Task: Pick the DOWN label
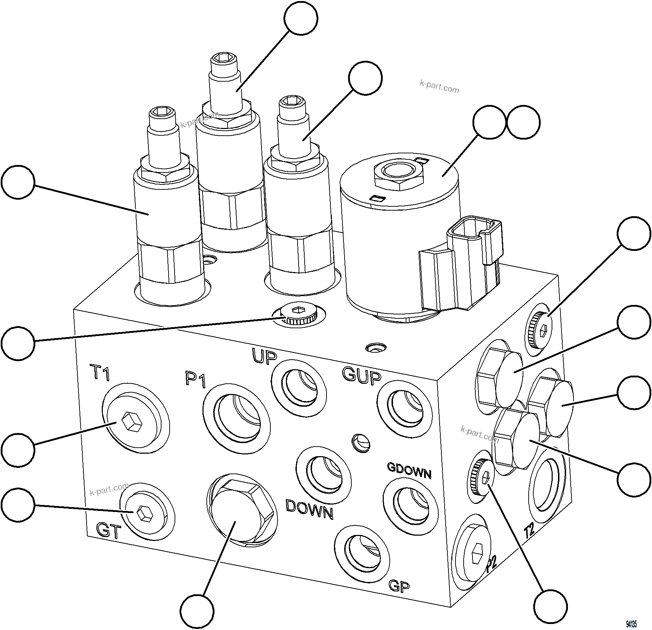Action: pyautogui.click(x=309, y=509)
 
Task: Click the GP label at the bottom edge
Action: pyautogui.click(x=399, y=585)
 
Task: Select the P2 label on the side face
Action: pyautogui.click(x=491, y=565)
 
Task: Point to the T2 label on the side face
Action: pyautogui.click(x=529, y=531)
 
